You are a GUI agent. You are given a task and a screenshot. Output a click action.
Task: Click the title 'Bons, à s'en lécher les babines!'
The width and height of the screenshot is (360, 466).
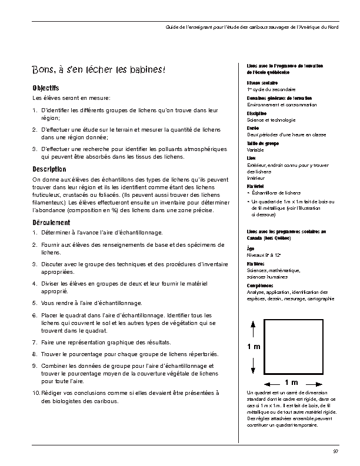pos(99,71)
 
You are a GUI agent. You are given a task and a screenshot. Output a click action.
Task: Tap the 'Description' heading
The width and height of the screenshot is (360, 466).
pos(49,169)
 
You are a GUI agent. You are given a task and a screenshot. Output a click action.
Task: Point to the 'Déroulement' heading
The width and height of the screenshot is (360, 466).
pos(51,223)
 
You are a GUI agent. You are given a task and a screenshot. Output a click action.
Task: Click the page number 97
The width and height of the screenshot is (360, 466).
pos(335,451)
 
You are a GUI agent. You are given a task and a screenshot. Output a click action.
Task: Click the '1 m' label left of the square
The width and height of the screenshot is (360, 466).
pos(254,347)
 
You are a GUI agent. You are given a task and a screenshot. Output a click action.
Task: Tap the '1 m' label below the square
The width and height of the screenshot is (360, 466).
pos(291,383)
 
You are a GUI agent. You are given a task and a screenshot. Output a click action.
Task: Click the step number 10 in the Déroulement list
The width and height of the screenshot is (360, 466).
pos(36,393)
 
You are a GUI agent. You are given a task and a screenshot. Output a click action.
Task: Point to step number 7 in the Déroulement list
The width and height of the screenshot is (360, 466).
pos(35,341)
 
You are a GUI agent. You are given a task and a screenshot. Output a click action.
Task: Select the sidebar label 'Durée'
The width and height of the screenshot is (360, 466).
pos(253,128)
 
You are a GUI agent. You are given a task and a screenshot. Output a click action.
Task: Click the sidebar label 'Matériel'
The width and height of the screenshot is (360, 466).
pos(255,185)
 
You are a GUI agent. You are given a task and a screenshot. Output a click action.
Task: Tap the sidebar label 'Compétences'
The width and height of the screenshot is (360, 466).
pos(259,286)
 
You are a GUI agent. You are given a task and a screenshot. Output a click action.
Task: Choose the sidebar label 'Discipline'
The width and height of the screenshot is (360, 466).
pos(257,113)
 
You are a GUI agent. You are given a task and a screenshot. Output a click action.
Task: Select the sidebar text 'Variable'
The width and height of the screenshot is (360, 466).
pos(256,150)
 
